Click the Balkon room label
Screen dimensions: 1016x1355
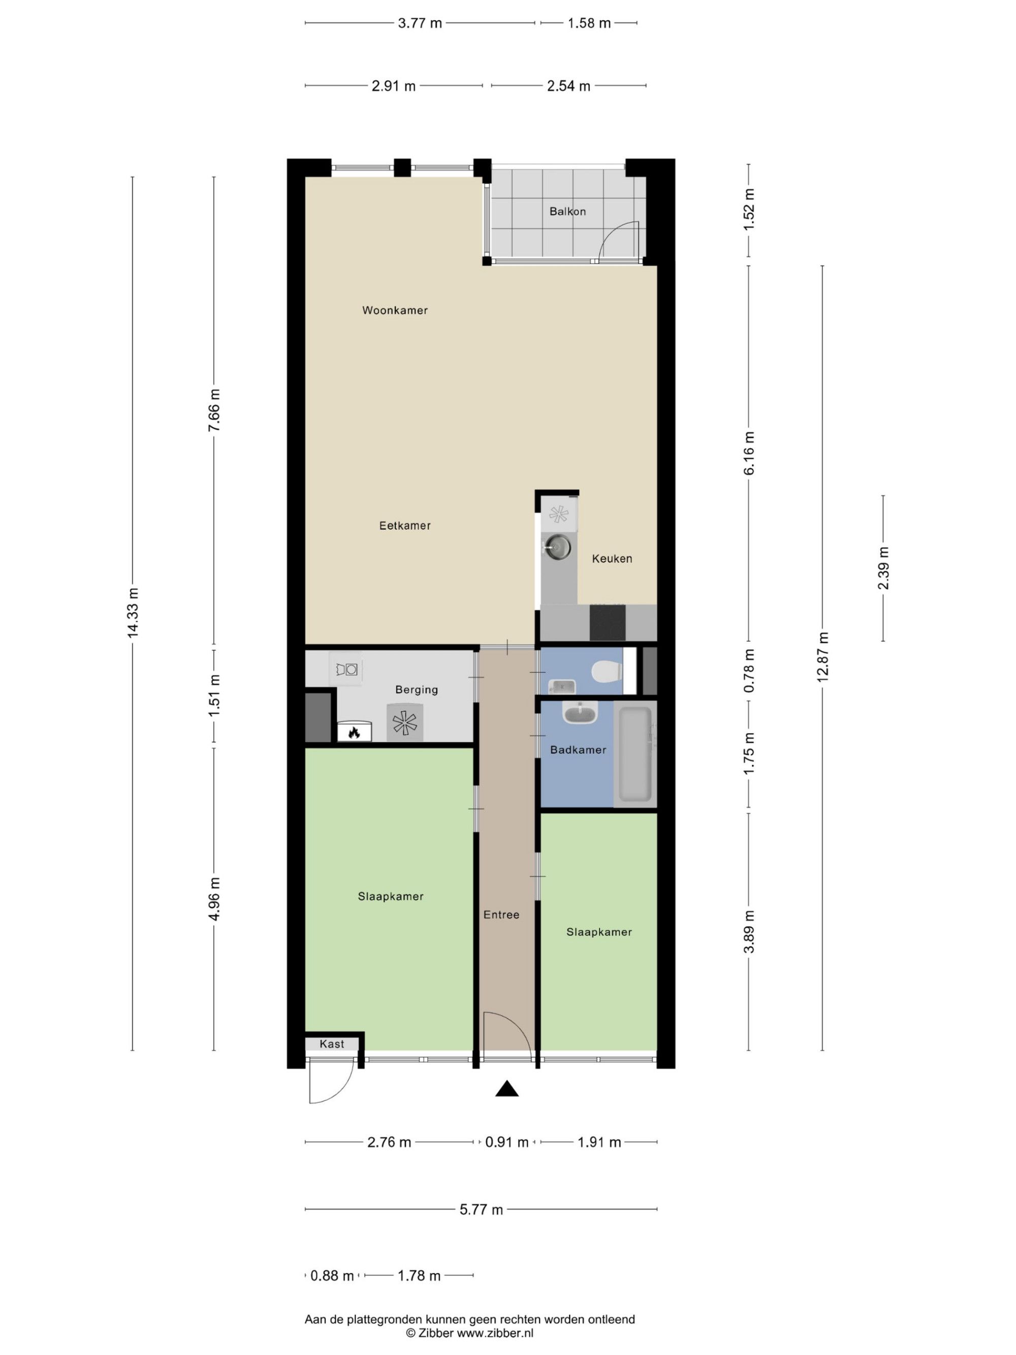click(x=567, y=211)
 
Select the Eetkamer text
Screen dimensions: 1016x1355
click(x=405, y=525)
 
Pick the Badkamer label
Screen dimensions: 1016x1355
click(x=578, y=749)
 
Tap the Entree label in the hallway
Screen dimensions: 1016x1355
click(x=501, y=914)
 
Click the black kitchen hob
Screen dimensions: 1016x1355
click(x=608, y=622)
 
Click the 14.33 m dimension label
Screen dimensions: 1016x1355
click(x=133, y=613)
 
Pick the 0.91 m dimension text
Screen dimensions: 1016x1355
click(x=506, y=1142)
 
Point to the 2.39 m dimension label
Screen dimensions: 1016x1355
click(x=883, y=568)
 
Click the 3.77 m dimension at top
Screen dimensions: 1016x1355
click(x=420, y=23)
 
